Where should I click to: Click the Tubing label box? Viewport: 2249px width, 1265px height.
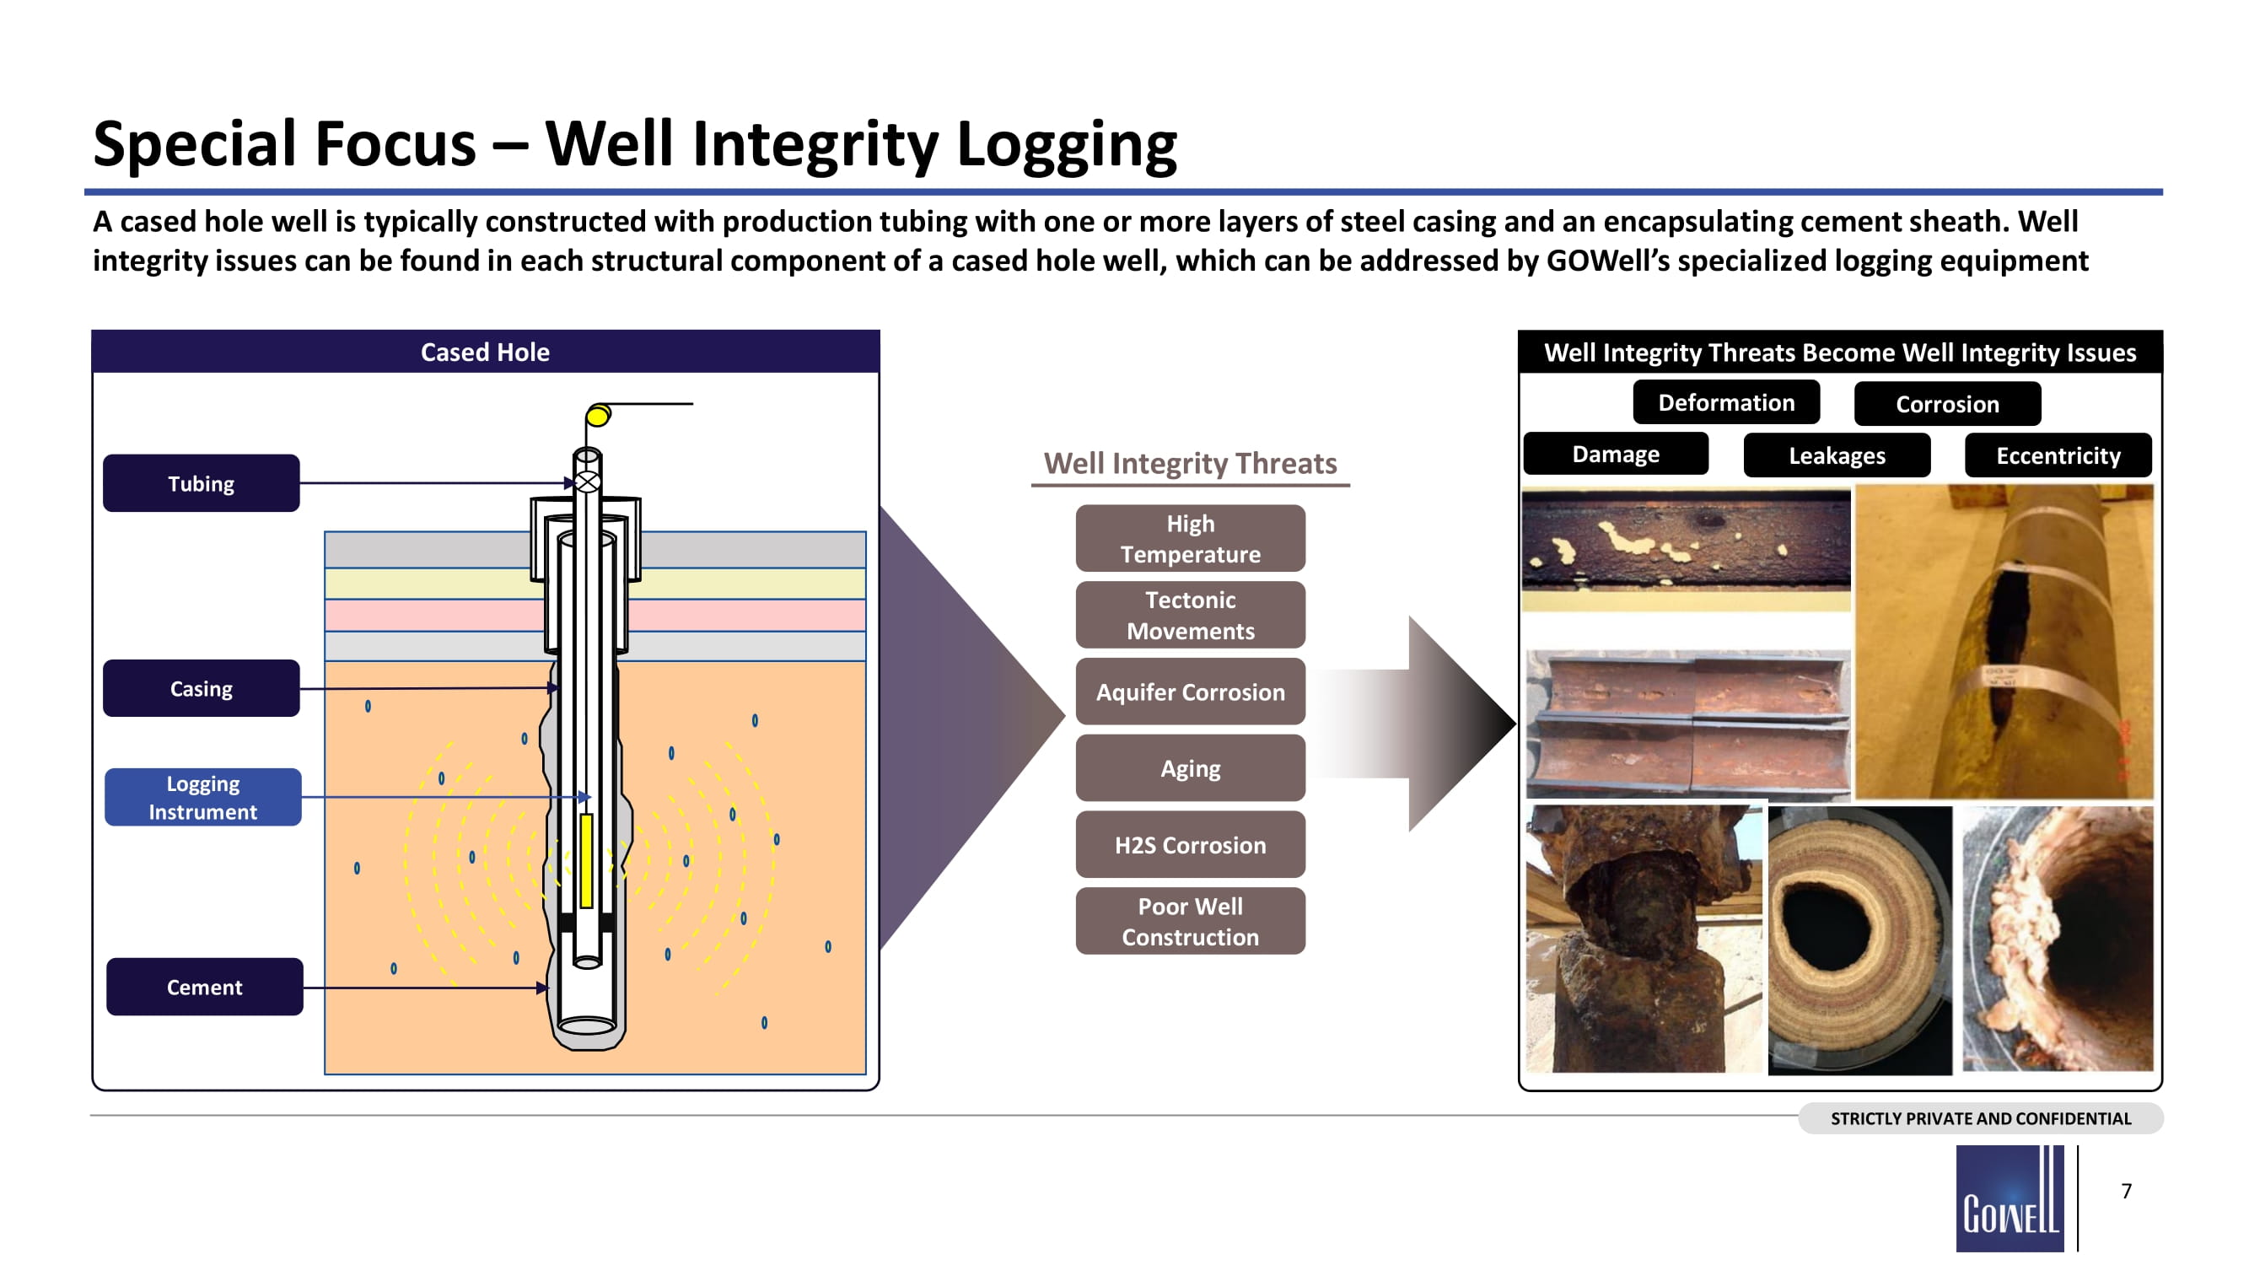coord(201,482)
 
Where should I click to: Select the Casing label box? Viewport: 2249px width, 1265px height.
coord(201,688)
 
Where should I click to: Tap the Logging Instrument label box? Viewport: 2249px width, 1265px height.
coord(202,797)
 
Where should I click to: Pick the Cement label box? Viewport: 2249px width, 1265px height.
coord(204,987)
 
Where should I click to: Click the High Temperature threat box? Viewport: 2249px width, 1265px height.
coord(1190,539)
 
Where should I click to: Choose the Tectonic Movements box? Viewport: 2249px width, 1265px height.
coord(1190,616)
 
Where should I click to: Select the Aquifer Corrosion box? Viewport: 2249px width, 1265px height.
coord(1190,692)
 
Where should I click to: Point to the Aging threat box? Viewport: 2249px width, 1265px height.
coord(1190,768)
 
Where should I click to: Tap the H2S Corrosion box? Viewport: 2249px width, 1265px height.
coord(1190,844)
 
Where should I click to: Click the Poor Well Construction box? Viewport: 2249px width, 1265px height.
coord(1190,921)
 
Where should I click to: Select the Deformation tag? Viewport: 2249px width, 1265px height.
coord(1726,402)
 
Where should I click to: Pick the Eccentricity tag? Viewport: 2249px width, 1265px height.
coord(2058,455)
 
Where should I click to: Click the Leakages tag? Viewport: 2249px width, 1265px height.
coord(1837,455)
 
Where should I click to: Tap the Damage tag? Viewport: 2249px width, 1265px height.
coord(1615,454)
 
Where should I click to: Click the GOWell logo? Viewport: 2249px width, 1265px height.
coord(2010,1198)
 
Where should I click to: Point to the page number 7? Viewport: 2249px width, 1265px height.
coord(2127,1191)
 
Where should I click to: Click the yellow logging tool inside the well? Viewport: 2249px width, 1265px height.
coord(587,860)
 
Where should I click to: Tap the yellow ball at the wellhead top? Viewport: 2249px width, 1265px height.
coord(598,416)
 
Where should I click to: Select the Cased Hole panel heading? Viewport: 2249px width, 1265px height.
coord(486,352)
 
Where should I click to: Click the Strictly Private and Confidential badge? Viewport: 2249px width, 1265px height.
coord(1980,1118)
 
